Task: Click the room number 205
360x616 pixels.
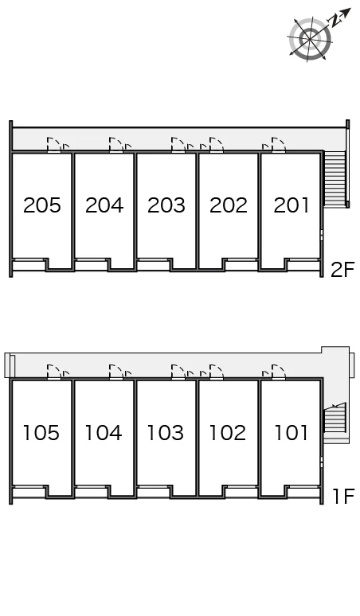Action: pos(42,205)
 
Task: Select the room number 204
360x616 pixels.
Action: pos(104,205)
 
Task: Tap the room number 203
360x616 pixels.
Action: pos(166,205)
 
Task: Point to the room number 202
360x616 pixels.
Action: pos(229,205)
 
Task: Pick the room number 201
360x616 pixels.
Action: pos(291,205)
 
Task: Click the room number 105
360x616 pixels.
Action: pos(41,432)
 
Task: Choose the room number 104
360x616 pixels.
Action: pos(104,432)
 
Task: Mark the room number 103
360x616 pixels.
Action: pos(166,432)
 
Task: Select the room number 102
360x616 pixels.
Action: pos(228,432)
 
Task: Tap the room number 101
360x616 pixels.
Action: pos(291,432)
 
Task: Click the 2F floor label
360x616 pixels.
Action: pos(342,270)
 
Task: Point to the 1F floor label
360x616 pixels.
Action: pos(344,496)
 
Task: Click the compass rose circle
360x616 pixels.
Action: pos(309,38)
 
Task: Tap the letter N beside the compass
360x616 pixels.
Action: pos(335,21)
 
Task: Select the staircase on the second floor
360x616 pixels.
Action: pos(335,179)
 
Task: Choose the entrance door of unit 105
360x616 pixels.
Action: pos(54,372)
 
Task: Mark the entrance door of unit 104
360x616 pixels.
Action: pos(116,372)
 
